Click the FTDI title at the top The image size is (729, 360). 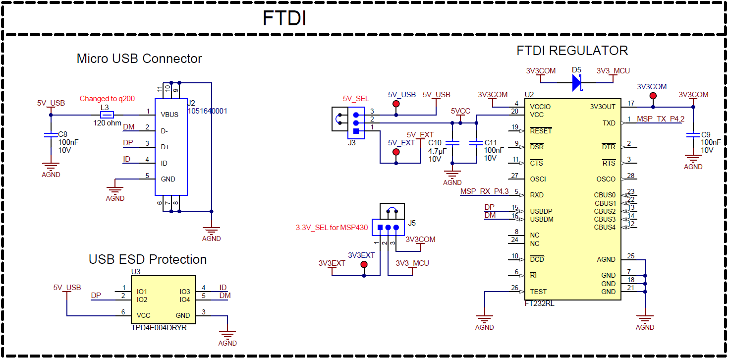coord(284,18)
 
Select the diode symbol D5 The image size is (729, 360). coord(576,83)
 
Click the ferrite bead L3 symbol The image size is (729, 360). coord(107,115)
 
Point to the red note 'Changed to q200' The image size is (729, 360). coord(107,99)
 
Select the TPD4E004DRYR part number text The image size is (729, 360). coord(159,327)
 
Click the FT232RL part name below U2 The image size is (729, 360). coord(539,303)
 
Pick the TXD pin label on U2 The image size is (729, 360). coord(609,123)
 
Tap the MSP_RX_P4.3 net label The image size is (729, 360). coord(484,191)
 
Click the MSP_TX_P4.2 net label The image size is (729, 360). coord(660,119)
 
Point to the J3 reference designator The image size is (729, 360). coord(351,143)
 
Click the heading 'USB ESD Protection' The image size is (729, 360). coord(148,259)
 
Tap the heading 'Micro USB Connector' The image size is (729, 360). coord(139,59)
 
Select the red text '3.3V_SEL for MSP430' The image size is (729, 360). coord(332,228)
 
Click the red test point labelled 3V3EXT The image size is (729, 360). coord(364,265)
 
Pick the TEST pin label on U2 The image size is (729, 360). coord(538,292)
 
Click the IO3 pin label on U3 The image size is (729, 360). coord(184,292)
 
